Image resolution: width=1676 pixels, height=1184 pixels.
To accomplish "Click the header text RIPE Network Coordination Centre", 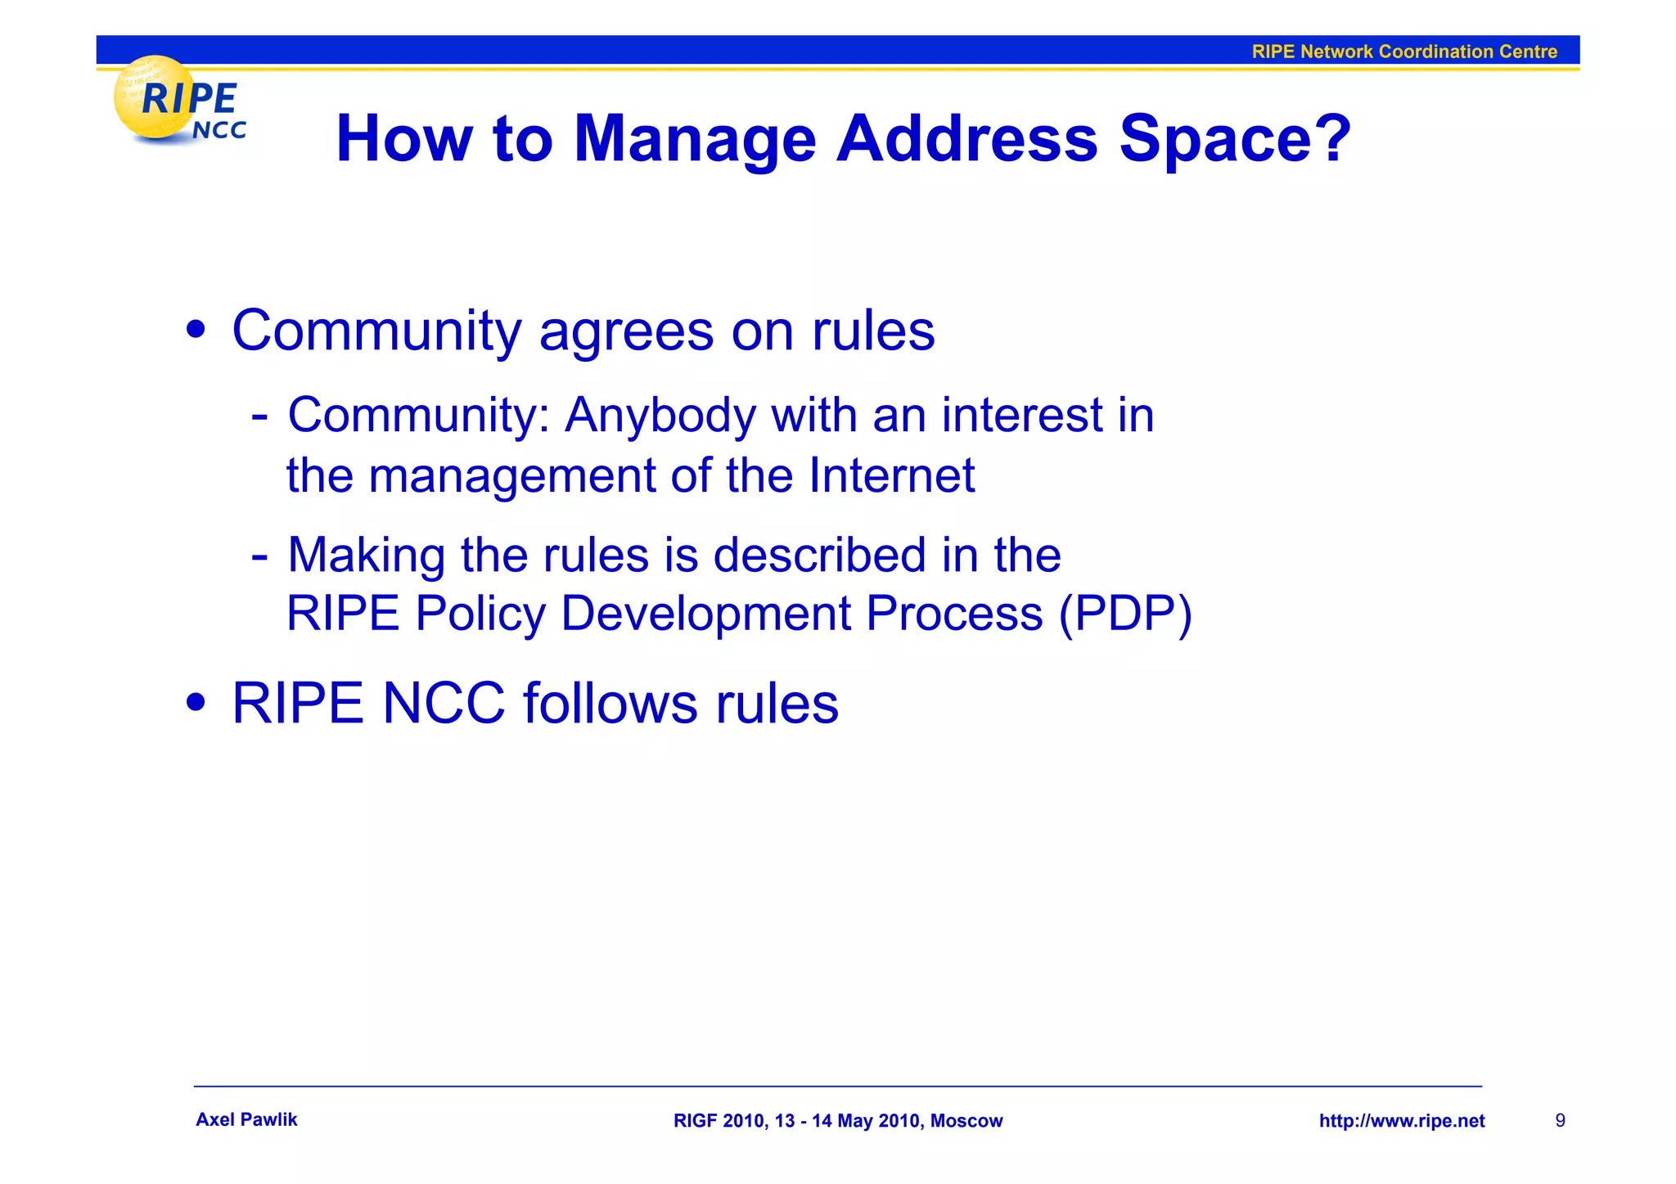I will click(1403, 52).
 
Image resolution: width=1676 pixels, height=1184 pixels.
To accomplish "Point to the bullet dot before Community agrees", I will click(196, 331).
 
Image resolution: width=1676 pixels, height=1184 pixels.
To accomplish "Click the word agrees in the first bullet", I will click(626, 331).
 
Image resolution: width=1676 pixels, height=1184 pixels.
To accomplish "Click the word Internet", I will click(891, 475).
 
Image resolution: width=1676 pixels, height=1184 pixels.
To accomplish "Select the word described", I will click(819, 555).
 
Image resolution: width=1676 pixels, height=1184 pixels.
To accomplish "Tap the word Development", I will click(705, 614).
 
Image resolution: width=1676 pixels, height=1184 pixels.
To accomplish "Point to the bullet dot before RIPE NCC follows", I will click(196, 702).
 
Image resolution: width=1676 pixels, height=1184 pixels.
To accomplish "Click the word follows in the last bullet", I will click(610, 703).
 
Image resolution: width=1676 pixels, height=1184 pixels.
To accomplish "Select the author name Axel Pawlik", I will click(246, 1119).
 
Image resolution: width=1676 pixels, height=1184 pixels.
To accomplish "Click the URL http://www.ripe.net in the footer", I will click(1401, 1121).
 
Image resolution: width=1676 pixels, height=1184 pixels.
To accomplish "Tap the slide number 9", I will click(1560, 1120).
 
